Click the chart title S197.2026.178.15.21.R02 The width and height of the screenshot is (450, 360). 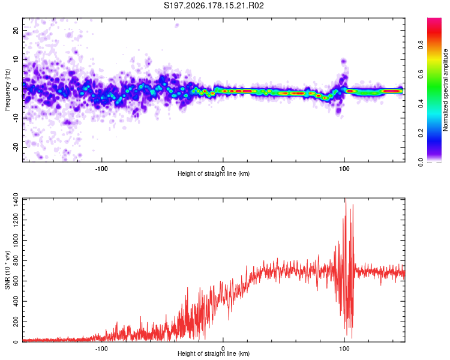click(x=214, y=5)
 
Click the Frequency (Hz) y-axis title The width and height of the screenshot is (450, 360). click(x=7, y=90)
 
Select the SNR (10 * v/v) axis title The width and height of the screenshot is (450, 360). click(x=7, y=270)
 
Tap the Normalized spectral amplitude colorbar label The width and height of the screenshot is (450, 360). click(x=445, y=90)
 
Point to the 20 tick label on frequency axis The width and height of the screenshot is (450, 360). click(x=16, y=31)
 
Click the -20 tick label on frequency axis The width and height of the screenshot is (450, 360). click(x=16, y=148)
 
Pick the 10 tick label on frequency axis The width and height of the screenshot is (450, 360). click(x=16, y=60)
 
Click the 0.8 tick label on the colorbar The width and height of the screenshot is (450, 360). click(x=421, y=45)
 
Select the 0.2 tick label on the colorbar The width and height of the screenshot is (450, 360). click(x=421, y=133)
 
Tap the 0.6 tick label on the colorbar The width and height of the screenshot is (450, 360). click(x=421, y=74)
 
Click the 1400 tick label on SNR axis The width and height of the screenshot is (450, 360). click(x=16, y=200)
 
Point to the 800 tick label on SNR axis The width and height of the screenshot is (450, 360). click(x=16, y=260)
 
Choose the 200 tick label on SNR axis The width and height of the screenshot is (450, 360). click(x=16, y=322)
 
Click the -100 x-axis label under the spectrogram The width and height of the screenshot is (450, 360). click(x=101, y=169)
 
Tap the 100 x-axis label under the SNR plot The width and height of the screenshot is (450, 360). click(x=344, y=349)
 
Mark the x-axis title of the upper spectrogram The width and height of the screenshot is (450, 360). click(x=214, y=173)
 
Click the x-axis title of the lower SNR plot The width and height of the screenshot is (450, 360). click(x=214, y=353)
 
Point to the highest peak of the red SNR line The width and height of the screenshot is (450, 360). click(x=346, y=199)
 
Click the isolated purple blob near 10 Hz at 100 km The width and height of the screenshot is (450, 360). click(x=344, y=61)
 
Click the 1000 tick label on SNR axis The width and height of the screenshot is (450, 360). click(x=16, y=241)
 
